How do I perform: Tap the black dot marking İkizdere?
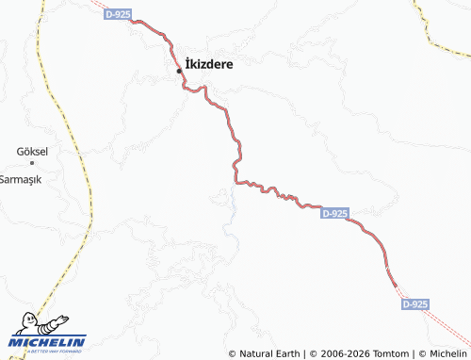click(x=179, y=71)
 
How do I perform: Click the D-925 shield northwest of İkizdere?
click(x=118, y=14)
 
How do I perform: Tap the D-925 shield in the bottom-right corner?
click(x=415, y=304)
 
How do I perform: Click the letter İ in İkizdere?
click(x=188, y=65)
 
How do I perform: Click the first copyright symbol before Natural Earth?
click(x=233, y=353)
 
